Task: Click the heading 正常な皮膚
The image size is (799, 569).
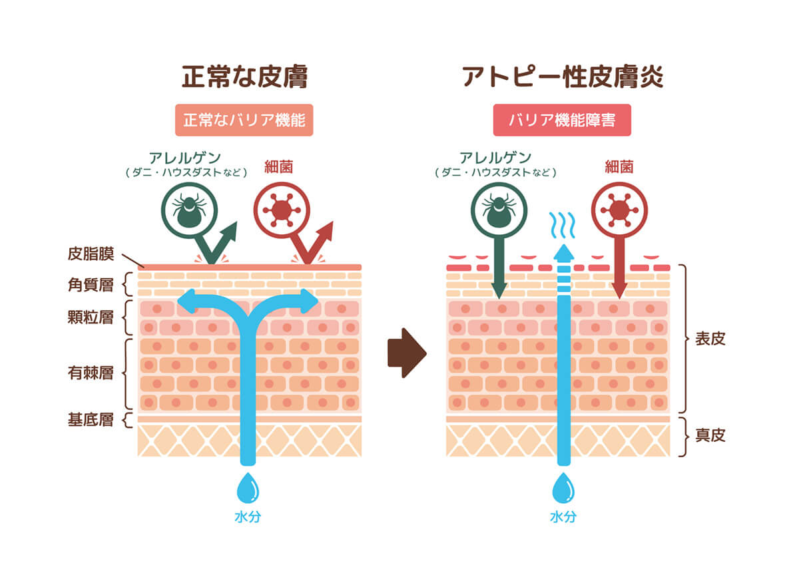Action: (244, 77)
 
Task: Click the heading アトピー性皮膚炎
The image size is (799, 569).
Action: (563, 77)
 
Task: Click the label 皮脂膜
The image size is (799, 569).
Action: (91, 254)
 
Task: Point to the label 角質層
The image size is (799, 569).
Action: (91, 284)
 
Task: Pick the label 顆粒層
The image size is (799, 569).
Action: (91, 317)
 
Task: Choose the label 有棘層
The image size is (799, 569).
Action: (91, 372)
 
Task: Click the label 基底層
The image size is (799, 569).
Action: (91, 420)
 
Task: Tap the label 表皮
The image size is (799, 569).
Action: (710, 338)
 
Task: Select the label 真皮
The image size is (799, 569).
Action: (710, 435)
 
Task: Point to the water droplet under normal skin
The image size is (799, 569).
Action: (247, 489)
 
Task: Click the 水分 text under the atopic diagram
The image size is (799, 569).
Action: (563, 516)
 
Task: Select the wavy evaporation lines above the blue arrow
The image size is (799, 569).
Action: (563, 224)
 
